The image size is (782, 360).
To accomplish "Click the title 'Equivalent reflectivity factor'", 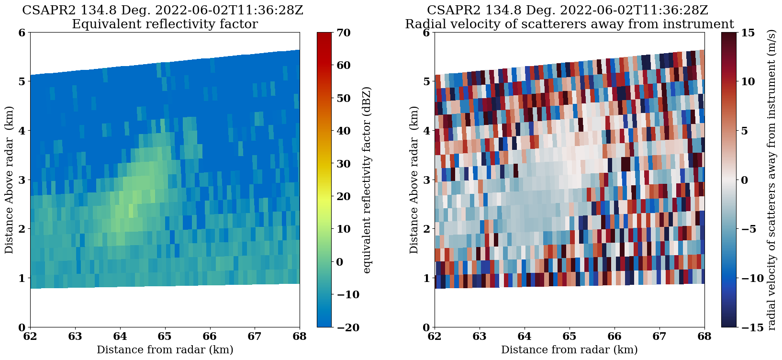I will coord(165,24).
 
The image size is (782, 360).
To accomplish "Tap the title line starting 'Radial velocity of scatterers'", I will coord(569,24).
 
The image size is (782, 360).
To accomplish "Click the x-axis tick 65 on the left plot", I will coord(165,337).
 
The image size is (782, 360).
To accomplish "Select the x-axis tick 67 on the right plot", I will coord(659,337).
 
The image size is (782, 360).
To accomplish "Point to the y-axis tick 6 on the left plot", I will coord(22,33).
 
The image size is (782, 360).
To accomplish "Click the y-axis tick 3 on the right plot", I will coord(425,180).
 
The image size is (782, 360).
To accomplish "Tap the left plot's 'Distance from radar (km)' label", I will coord(165,350).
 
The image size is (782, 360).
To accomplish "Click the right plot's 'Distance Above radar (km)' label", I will coord(414,180).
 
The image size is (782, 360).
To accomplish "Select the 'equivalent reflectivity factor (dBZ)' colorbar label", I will coord(367,180).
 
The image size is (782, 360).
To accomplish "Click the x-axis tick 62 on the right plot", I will coord(435,337).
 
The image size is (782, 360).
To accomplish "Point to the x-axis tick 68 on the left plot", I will coord(300,337).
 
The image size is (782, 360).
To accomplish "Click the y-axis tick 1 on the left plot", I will coord(22,278).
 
